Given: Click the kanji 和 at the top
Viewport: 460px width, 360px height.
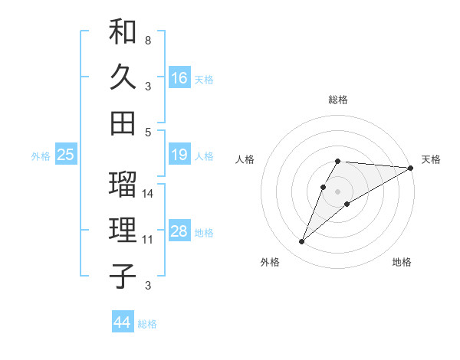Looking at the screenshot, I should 123,31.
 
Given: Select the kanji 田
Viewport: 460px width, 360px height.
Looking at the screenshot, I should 123,123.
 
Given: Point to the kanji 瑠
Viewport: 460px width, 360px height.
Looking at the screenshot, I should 123,184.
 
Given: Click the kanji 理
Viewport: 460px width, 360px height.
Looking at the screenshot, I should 123,230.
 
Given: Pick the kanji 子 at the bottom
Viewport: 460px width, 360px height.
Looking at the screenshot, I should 123,276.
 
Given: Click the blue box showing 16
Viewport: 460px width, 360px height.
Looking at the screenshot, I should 179,77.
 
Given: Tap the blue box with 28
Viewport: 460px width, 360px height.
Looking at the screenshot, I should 179,232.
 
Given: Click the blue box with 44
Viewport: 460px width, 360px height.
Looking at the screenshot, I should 122,322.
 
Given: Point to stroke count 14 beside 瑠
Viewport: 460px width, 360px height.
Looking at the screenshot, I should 149,193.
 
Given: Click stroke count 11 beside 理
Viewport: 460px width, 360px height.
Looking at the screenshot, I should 148,240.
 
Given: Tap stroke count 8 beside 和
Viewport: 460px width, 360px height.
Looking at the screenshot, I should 148,39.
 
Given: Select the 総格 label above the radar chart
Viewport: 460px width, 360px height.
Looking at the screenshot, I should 338,100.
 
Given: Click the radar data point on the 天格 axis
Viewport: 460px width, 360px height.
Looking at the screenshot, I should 411,168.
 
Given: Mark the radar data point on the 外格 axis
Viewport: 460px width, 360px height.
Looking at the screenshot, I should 301,242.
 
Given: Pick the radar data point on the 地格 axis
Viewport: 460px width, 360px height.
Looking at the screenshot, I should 347,203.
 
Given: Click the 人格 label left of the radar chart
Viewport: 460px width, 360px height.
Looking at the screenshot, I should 245,159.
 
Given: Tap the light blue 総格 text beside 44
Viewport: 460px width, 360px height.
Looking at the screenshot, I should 147,324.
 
